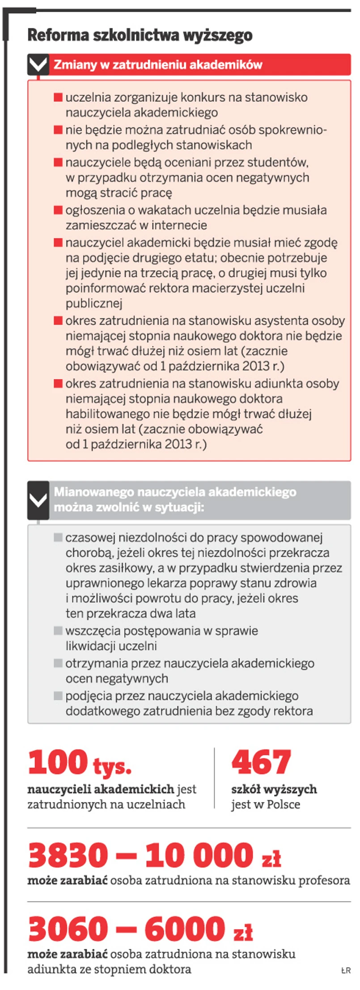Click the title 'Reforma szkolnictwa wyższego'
[140, 35]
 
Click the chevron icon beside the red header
[38, 65]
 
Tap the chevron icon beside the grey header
[38, 500]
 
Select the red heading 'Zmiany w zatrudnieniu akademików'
[158, 65]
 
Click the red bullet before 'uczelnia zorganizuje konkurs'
[58, 97]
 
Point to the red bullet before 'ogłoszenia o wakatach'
[58, 210]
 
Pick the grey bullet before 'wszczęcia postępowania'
[58, 630]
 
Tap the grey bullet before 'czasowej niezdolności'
[58, 537]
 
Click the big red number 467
[261, 763]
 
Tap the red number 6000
[185, 929]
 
